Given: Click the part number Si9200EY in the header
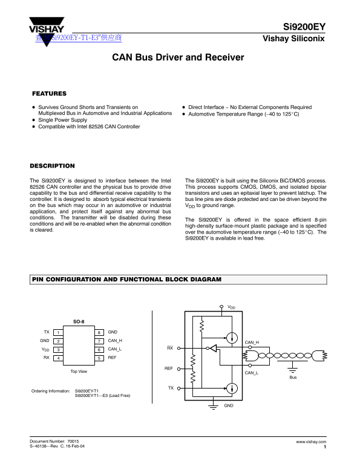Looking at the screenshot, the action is (304, 27).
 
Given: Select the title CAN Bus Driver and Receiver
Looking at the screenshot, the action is (178, 57).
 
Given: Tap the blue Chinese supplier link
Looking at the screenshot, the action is (79, 38).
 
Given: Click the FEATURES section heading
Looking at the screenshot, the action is (49, 94).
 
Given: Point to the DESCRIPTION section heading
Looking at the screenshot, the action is (52, 166).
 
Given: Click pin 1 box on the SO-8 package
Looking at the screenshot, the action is (58, 333).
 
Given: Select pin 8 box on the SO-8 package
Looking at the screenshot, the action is (99, 333).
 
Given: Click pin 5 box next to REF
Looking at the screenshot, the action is (99, 358).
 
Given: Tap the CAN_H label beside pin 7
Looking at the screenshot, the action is (115, 341).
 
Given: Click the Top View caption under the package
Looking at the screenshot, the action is (79, 371).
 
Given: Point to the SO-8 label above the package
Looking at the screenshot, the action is (79, 321).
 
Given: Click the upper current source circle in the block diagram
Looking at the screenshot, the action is (232, 338).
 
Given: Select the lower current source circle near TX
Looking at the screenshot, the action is (232, 388).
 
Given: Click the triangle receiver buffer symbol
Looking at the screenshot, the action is (213, 348).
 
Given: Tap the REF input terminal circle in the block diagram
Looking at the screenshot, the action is (179, 369).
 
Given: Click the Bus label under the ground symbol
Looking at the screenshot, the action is (293, 377).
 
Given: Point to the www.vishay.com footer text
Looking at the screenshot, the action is (311, 442).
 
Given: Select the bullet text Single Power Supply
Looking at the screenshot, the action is (63, 120).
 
